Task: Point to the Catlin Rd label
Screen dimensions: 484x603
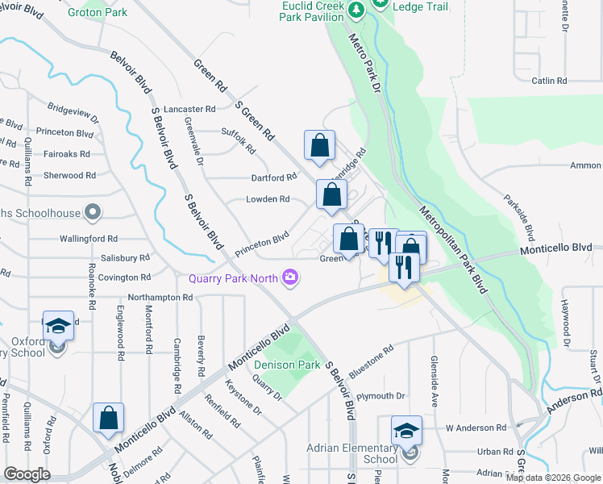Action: click(x=551, y=81)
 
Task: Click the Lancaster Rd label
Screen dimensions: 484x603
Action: click(x=189, y=108)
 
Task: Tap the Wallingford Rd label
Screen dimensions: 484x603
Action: click(x=89, y=239)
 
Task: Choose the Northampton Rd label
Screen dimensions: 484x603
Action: click(x=160, y=297)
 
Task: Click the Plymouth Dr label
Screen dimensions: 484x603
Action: click(x=381, y=396)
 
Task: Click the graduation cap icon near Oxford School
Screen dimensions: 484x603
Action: click(x=58, y=325)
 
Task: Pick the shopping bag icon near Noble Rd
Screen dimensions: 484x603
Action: click(x=108, y=418)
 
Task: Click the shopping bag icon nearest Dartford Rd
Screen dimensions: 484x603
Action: click(x=319, y=145)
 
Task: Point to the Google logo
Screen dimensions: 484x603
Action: click(x=27, y=474)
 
